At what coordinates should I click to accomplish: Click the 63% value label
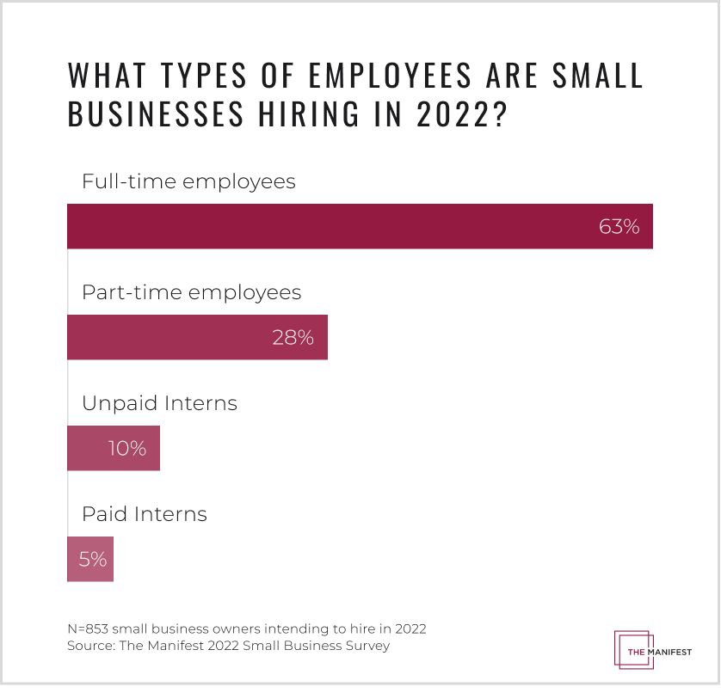[619, 227]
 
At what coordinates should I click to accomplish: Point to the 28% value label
[293, 337]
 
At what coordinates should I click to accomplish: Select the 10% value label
[126, 448]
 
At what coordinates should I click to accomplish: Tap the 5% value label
[92, 559]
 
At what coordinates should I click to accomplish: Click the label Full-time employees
[188, 182]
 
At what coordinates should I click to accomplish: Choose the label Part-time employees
[191, 292]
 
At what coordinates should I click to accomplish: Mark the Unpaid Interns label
[159, 403]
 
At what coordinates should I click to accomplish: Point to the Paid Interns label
[145, 514]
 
